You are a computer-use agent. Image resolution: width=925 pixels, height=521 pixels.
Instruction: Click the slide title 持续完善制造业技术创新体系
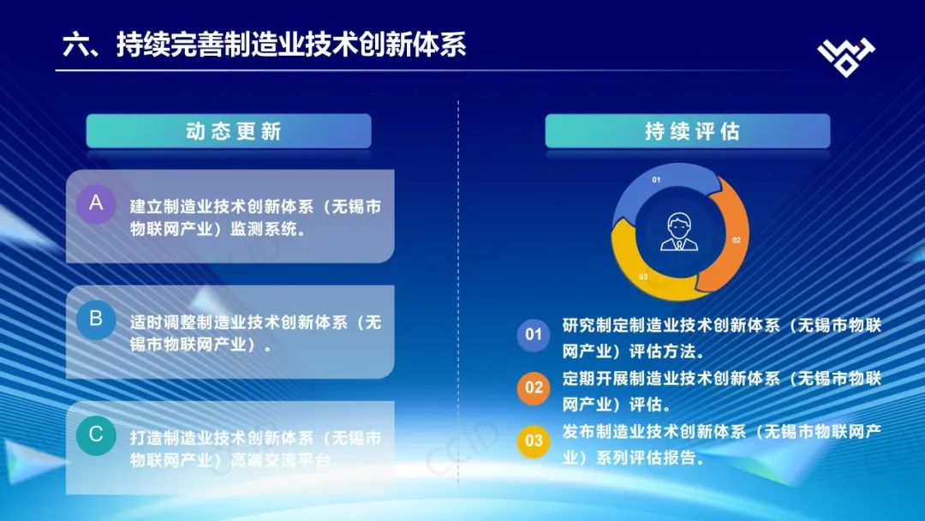(x=291, y=45)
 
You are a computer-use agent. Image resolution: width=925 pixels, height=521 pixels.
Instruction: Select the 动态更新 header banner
(x=229, y=131)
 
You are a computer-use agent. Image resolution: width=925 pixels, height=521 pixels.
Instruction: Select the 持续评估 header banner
(x=688, y=131)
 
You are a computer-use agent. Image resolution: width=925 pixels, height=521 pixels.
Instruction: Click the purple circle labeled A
(x=96, y=204)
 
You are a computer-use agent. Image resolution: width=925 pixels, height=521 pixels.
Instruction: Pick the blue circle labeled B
(x=96, y=320)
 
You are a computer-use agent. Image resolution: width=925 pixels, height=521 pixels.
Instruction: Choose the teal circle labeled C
(x=96, y=434)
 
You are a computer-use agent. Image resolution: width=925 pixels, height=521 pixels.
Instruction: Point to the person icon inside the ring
(x=679, y=232)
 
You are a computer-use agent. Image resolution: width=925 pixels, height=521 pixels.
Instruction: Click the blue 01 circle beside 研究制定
(x=534, y=334)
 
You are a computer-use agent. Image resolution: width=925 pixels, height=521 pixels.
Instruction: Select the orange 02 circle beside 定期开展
(x=534, y=387)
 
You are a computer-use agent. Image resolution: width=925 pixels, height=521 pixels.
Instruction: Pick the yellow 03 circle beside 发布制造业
(x=534, y=440)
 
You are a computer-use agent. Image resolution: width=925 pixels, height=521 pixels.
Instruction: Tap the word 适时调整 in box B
(x=163, y=322)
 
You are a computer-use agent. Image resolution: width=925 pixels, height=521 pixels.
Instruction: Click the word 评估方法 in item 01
(x=662, y=351)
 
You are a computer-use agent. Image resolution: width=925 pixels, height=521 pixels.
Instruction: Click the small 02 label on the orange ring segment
(x=737, y=240)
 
